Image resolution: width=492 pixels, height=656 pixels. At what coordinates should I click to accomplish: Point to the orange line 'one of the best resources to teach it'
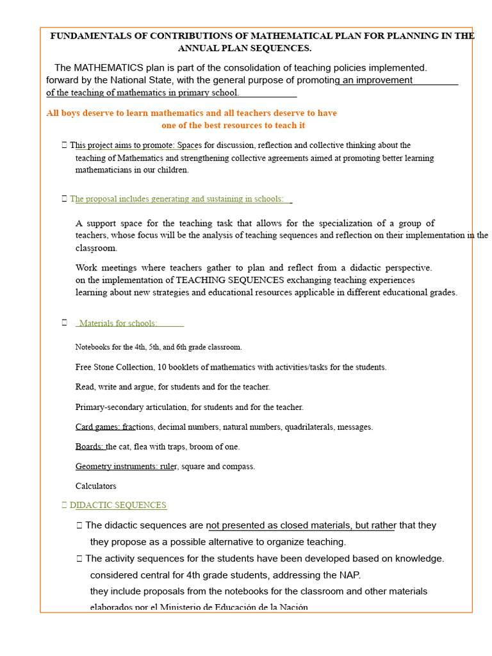[x=233, y=126]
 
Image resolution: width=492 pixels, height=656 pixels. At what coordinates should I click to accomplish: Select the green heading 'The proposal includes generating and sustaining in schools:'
[x=177, y=199]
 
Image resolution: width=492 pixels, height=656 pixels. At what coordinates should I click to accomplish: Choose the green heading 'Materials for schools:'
[x=118, y=323]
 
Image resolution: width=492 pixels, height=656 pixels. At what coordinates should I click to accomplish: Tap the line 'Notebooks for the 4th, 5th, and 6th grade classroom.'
[x=158, y=347]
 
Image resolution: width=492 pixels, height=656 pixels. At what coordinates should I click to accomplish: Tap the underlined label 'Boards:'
[x=90, y=447]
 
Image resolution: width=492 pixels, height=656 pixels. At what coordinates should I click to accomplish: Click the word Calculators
[x=95, y=486]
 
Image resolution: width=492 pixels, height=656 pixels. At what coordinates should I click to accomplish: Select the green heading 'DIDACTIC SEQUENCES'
[x=118, y=505]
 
